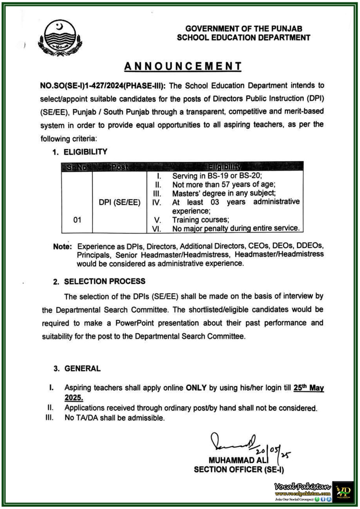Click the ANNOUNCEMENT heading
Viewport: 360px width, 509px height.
pyautogui.click(x=183, y=66)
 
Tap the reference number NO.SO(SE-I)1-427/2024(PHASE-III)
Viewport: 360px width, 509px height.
pyautogui.click(x=103, y=86)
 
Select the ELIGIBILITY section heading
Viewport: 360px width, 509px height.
pyautogui.click(x=85, y=152)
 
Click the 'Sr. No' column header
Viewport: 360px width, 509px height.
pyautogui.click(x=77, y=167)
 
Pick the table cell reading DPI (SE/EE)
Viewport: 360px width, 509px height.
pyautogui.click(x=119, y=202)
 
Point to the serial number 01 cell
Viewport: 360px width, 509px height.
pyautogui.click(x=77, y=220)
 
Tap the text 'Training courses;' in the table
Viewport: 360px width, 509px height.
pyautogui.click(x=201, y=220)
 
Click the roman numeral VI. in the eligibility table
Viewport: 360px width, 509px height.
pyautogui.click(x=156, y=228)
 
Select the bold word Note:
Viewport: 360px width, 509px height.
pyautogui.click(x=63, y=247)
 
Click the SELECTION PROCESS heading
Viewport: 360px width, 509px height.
pyautogui.click(x=104, y=281)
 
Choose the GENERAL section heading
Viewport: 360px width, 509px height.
pyautogui.click(x=82, y=368)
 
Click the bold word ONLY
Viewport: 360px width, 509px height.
pyautogui.click(x=196, y=388)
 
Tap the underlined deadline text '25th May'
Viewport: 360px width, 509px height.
pyautogui.click(x=308, y=388)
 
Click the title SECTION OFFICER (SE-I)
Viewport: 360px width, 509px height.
pyautogui.click(x=239, y=469)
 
